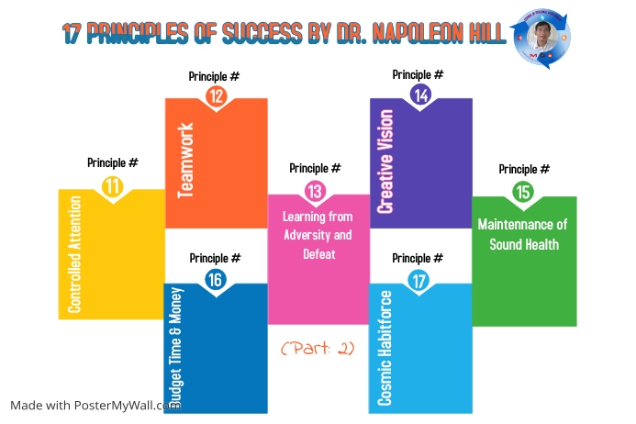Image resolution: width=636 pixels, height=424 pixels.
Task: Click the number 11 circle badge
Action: (112, 186)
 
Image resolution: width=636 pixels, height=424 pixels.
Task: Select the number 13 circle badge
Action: (315, 191)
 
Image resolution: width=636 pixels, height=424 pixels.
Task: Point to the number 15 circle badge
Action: (523, 192)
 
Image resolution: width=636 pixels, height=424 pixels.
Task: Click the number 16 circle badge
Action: (215, 281)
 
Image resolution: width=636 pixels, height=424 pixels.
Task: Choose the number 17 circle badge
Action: (420, 281)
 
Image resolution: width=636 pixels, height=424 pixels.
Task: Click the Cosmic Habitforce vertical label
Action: (385, 348)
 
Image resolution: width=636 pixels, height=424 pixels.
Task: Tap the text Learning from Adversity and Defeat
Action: (315, 235)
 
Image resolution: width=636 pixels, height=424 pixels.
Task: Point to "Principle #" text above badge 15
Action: (524, 169)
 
